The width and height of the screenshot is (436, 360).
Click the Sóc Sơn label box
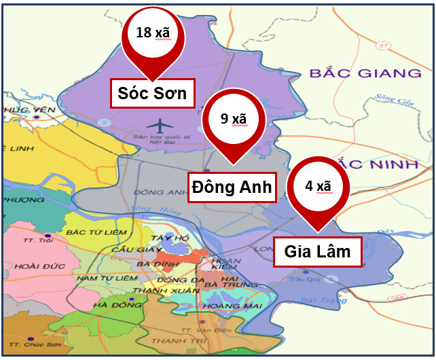coord(153,93)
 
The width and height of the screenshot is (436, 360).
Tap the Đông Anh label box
coord(232,187)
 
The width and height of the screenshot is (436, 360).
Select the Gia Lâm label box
coord(317,252)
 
